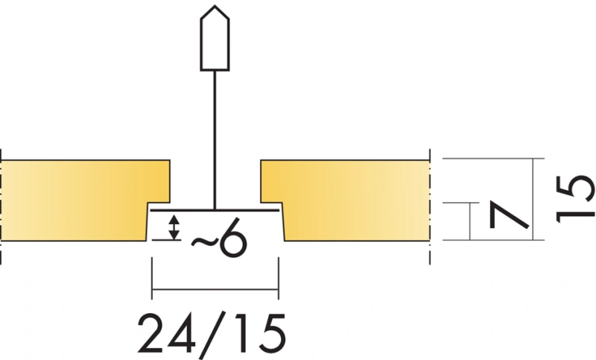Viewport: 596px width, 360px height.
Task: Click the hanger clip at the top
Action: [215, 38]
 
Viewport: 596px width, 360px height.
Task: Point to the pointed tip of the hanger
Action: [215, 5]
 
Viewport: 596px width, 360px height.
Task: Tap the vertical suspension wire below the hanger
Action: [215, 140]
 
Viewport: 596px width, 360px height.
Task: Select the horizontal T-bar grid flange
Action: [215, 210]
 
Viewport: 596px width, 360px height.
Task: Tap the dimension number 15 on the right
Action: [574, 199]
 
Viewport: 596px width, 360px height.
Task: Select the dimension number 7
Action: [510, 215]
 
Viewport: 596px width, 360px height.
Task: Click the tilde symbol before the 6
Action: [204, 241]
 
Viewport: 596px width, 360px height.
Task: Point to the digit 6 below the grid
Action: [233, 237]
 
